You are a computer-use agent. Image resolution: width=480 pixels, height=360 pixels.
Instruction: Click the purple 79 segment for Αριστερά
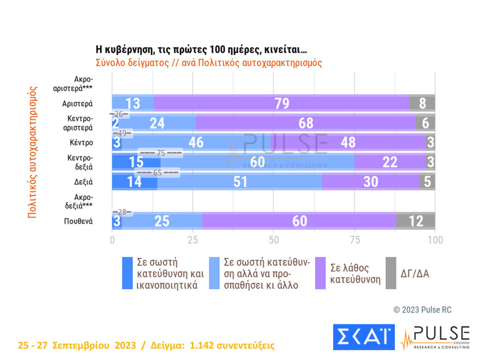click(281, 103)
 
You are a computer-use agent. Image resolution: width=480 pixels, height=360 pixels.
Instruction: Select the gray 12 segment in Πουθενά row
click(416, 221)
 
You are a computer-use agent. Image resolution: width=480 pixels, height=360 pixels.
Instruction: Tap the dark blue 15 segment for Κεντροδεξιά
click(136, 163)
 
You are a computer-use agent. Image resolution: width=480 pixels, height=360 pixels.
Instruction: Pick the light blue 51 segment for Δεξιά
click(239, 182)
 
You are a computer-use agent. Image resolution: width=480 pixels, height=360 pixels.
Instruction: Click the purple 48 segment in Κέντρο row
click(347, 142)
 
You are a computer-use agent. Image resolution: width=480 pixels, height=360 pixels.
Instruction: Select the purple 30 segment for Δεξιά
click(370, 182)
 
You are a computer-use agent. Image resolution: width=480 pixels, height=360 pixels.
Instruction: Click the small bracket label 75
click(160, 153)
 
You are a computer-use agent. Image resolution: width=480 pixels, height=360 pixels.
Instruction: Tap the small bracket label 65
click(157, 173)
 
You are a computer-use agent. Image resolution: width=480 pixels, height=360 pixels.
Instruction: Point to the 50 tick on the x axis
click(274, 240)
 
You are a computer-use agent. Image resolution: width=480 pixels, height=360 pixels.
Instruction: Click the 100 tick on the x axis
click(435, 240)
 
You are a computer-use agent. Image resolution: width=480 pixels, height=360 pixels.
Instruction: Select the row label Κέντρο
click(81, 142)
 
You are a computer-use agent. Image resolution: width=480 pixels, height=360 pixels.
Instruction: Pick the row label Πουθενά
click(77, 221)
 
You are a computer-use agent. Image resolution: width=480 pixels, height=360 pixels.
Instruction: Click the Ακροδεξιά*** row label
click(80, 201)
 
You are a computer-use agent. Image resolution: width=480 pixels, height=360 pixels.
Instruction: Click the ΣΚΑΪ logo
click(363, 337)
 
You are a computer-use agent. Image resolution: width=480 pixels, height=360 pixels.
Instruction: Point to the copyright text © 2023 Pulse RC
click(422, 310)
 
